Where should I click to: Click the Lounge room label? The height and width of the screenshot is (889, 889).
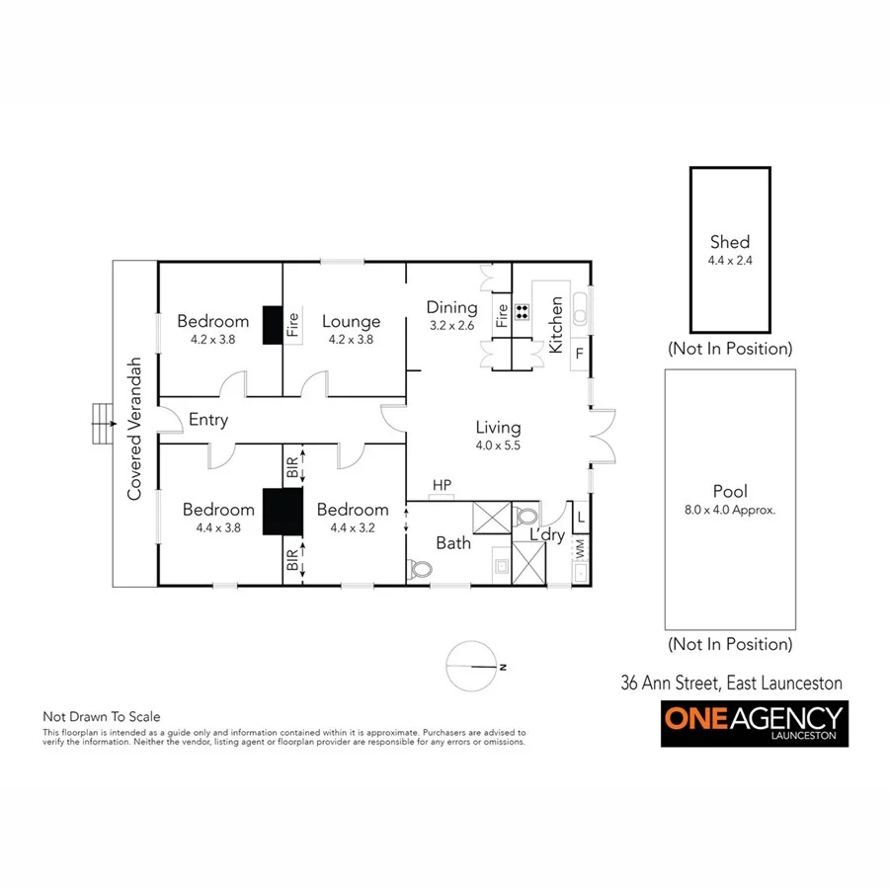click(351, 322)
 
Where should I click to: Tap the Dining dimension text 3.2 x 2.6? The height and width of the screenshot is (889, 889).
click(451, 325)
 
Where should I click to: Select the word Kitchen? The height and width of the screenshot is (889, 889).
click(556, 325)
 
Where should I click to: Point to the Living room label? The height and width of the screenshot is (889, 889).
click(498, 428)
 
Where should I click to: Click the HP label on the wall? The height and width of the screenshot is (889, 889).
click(441, 486)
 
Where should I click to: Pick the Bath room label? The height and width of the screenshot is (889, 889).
click(453, 542)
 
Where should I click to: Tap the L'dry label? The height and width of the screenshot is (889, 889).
click(546, 534)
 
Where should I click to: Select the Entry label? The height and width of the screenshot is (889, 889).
click(208, 420)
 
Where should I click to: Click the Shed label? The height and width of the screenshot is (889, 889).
click(730, 242)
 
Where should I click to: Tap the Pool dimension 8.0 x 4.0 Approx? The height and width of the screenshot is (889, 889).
click(730, 511)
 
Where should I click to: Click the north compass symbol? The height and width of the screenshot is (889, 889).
click(472, 667)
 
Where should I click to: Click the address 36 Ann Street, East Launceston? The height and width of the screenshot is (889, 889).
click(731, 683)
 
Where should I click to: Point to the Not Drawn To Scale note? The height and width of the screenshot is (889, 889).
click(101, 717)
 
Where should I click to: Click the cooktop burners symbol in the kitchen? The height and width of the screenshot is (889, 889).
click(522, 315)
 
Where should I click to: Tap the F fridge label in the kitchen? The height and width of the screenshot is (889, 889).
click(580, 352)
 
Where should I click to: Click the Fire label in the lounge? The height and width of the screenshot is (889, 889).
click(293, 326)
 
